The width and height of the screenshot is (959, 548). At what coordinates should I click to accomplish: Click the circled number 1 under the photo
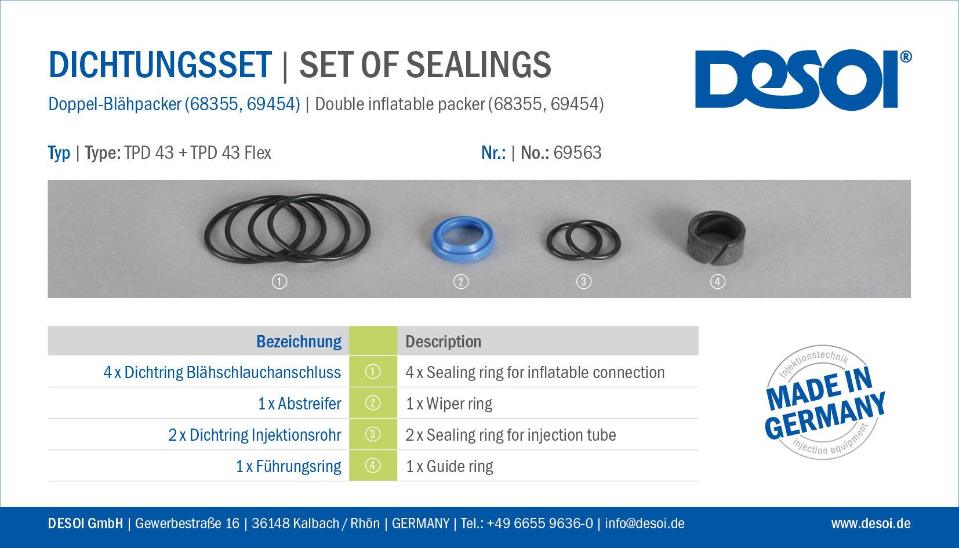click(x=279, y=282)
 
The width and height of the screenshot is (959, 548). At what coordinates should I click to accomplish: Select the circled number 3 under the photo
click(x=583, y=282)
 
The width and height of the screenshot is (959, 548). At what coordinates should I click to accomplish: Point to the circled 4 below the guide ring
click(x=718, y=282)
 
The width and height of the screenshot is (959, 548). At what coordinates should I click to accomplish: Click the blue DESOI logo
click(x=796, y=79)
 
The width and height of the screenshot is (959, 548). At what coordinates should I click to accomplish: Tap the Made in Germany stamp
click(x=824, y=402)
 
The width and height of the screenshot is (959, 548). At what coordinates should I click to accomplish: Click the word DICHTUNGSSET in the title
click(x=160, y=65)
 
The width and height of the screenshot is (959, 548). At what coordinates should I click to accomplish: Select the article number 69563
click(x=577, y=153)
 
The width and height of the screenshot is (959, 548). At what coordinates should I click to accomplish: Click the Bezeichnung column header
click(x=299, y=342)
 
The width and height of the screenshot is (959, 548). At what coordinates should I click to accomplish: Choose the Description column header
click(x=443, y=342)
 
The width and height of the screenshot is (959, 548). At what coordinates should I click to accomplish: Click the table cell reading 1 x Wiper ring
click(x=449, y=404)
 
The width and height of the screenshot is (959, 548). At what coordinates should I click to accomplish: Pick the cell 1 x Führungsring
click(x=289, y=466)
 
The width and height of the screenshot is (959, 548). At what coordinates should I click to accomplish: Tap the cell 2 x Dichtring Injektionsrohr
click(x=255, y=435)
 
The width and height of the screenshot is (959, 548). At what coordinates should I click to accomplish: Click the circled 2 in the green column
click(x=372, y=403)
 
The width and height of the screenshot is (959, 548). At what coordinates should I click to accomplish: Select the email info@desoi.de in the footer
click(x=644, y=523)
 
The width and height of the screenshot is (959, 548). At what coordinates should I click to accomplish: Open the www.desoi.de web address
click(x=871, y=523)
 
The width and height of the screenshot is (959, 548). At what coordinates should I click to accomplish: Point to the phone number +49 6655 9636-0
click(x=540, y=523)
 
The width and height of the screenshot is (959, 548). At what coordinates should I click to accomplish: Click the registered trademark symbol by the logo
click(x=906, y=57)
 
